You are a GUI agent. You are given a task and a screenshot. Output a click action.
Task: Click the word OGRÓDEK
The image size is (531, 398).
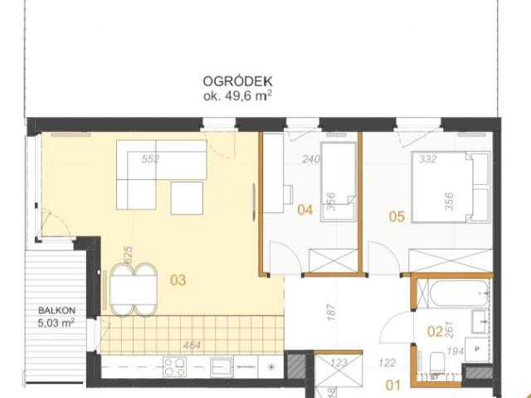pyautogui.click(x=238, y=82)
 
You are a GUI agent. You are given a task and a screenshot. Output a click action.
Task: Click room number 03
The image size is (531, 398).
pyautogui.click(x=178, y=280)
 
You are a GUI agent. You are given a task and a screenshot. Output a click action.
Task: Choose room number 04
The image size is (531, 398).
pyautogui.click(x=304, y=211)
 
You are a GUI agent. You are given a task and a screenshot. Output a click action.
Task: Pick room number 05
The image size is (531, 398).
pyautogui.click(x=396, y=217)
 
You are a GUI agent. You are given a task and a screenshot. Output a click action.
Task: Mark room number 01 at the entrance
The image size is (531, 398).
pyautogui.click(x=392, y=384)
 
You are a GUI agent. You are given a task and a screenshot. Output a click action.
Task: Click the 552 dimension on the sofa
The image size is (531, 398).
pyautogui.click(x=150, y=159)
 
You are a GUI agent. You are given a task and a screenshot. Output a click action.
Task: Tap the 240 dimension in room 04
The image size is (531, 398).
pyautogui.click(x=309, y=159)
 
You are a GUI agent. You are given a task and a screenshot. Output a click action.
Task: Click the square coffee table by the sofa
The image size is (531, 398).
pyautogui.click(x=187, y=197)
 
